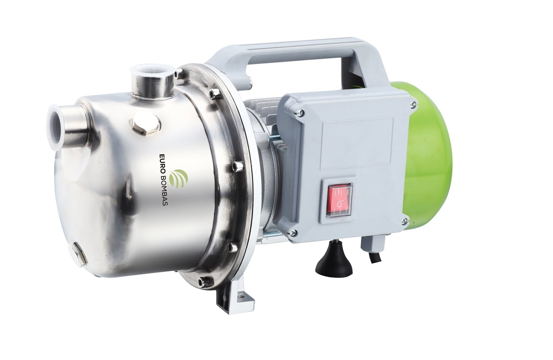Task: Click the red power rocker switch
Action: coord(339,202)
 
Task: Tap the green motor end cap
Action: coord(429,158)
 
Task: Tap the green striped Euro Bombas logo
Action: coord(179,179)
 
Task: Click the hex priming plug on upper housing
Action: coord(144,125)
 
